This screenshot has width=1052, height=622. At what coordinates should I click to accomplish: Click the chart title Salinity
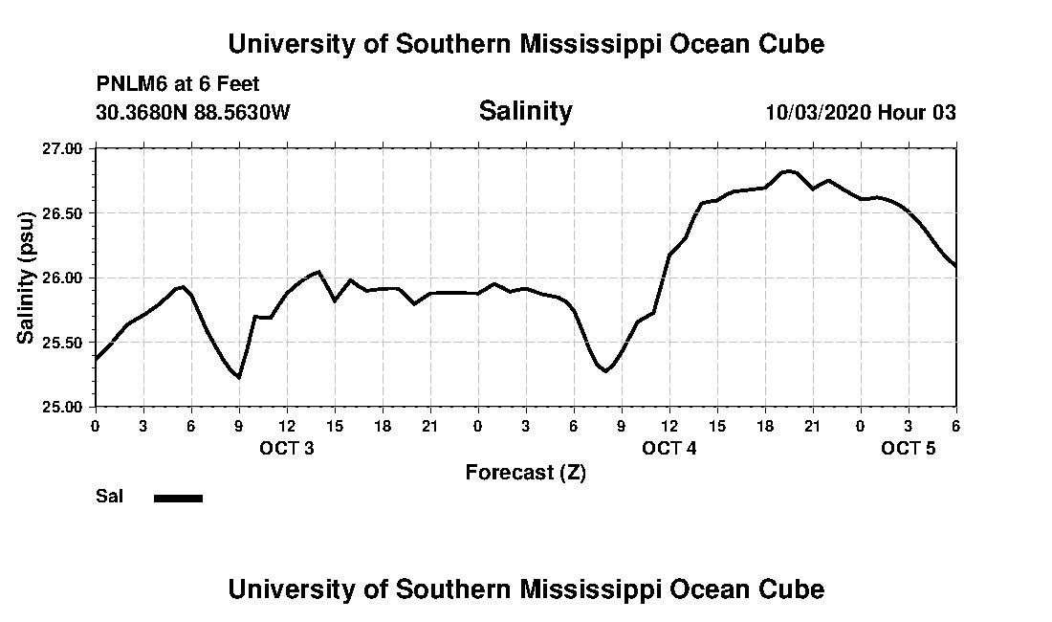(525, 111)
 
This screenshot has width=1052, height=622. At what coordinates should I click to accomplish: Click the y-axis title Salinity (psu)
(26, 278)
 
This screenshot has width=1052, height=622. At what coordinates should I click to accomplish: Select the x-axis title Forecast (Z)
(525, 472)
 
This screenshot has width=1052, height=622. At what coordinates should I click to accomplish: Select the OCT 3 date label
(286, 448)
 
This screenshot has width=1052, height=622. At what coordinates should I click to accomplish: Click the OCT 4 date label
(668, 448)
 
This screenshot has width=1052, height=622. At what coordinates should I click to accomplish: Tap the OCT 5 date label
(908, 448)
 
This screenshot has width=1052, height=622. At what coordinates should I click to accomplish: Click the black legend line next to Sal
(178, 498)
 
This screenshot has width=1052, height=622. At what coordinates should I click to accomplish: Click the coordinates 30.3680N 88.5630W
(192, 112)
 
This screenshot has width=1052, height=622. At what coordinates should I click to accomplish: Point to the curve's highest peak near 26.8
(787, 171)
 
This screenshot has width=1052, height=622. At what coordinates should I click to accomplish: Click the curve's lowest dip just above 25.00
(238, 377)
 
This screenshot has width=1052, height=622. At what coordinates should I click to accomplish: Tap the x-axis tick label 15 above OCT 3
(335, 426)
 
